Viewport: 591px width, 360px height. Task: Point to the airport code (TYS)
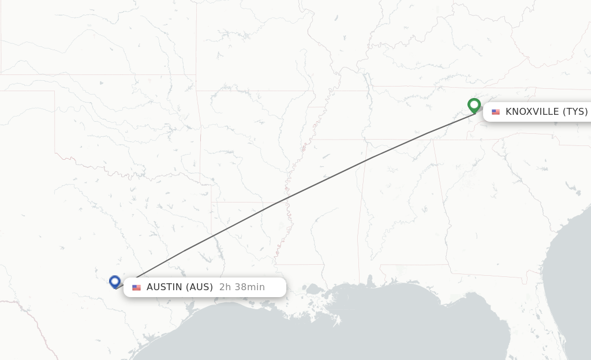(575, 112)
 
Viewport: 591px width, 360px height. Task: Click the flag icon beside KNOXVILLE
(496, 112)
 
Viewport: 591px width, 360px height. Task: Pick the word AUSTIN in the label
(164, 287)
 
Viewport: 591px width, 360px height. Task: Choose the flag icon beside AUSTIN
(136, 287)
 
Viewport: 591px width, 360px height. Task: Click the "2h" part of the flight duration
(225, 287)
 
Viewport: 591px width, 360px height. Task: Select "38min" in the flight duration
(249, 287)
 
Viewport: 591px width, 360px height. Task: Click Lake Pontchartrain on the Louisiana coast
(315, 288)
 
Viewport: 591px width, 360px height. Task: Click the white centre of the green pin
(474, 104)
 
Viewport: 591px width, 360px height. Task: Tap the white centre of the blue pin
(115, 281)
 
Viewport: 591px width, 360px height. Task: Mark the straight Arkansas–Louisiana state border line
(242, 202)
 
